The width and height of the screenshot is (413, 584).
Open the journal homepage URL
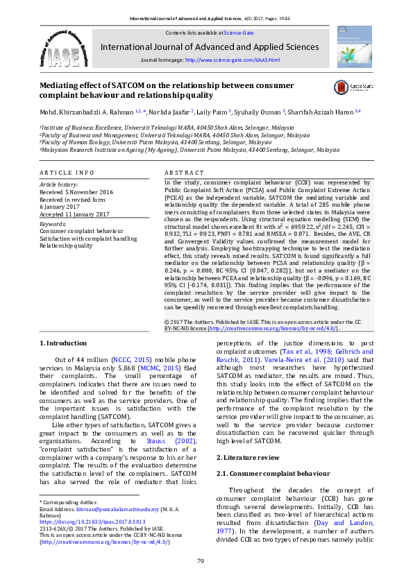(233, 60)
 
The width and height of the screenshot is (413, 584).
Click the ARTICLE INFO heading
(67, 172)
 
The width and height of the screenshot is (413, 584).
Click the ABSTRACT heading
(184, 172)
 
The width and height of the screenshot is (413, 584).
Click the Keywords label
(53, 225)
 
